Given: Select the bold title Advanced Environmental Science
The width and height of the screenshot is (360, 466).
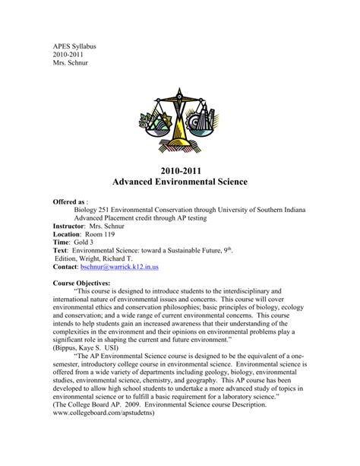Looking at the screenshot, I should click(179, 184).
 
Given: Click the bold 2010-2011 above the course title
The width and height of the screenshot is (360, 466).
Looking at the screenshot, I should click(179, 170).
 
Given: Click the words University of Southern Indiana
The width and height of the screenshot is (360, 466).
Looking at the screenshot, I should click(283, 216).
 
